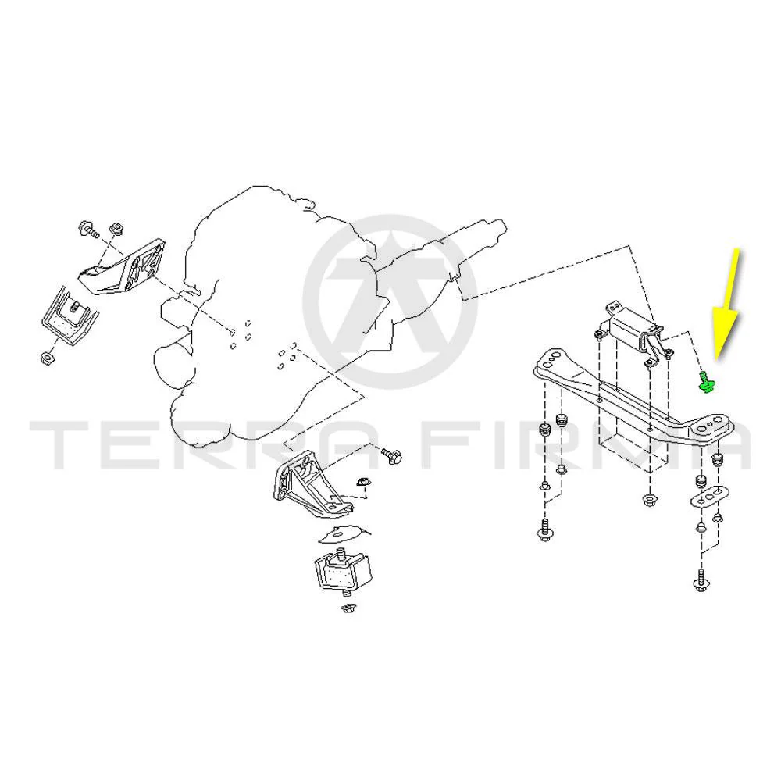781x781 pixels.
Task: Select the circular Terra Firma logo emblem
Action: [x=390, y=301]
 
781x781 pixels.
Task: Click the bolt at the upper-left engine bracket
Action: [x=89, y=230]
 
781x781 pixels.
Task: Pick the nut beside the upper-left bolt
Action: [x=116, y=229]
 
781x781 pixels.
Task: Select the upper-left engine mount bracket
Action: [x=123, y=267]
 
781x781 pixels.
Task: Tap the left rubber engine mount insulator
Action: [x=70, y=317]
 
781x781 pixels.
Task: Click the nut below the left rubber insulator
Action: [x=47, y=357]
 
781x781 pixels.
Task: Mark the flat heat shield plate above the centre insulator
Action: [x=344, y=533]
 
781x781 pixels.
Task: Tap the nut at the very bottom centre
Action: [x=348, y=608]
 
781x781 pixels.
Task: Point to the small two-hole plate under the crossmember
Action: [x=710, y=497]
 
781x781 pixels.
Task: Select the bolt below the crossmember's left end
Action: [x=544, y=531]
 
